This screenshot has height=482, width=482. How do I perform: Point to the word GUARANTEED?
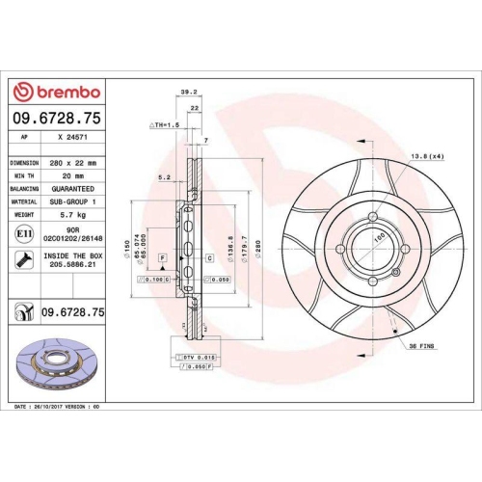coord(73,190)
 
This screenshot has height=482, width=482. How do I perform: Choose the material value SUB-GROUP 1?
coord(73,202)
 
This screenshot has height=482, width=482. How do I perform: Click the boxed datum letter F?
coord(164,258)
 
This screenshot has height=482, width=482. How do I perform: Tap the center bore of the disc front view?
coord(373,240)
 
